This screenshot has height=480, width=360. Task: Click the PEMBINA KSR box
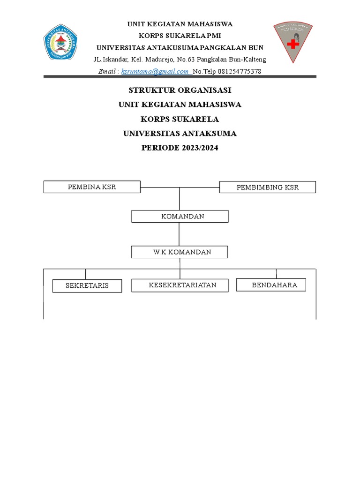click(x=92, y=187)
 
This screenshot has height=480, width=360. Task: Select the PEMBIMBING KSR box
click(x=268, y=187)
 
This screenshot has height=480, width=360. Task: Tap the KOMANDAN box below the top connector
click(x=180, y=217)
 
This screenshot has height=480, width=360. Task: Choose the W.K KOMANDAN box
click(x=180, y=252)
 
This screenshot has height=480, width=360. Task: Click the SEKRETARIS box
click(x=87, y=285)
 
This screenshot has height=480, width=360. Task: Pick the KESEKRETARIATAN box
click(x=180, y=285)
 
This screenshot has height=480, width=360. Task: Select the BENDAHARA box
click(x=271, y=285)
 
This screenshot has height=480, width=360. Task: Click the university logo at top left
click(x=60, y=42)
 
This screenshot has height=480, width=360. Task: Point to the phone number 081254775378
click(x=238, y=71)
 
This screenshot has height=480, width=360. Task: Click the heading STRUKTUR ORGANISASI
click(x=180, y=90)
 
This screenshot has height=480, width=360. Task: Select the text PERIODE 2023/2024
click(x=180, y=148)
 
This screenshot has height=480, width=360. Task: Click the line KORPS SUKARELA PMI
click(x=180, y=36)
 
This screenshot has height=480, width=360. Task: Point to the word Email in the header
click(x=108, y=71)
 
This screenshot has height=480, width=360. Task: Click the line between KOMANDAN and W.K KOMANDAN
click(x=180, y=234)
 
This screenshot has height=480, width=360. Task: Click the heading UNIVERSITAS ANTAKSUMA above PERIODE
click(x=180, y=134)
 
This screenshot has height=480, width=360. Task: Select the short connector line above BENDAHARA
click(x=276, y=274)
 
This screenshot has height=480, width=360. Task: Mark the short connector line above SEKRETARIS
click(x=85, y=274)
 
